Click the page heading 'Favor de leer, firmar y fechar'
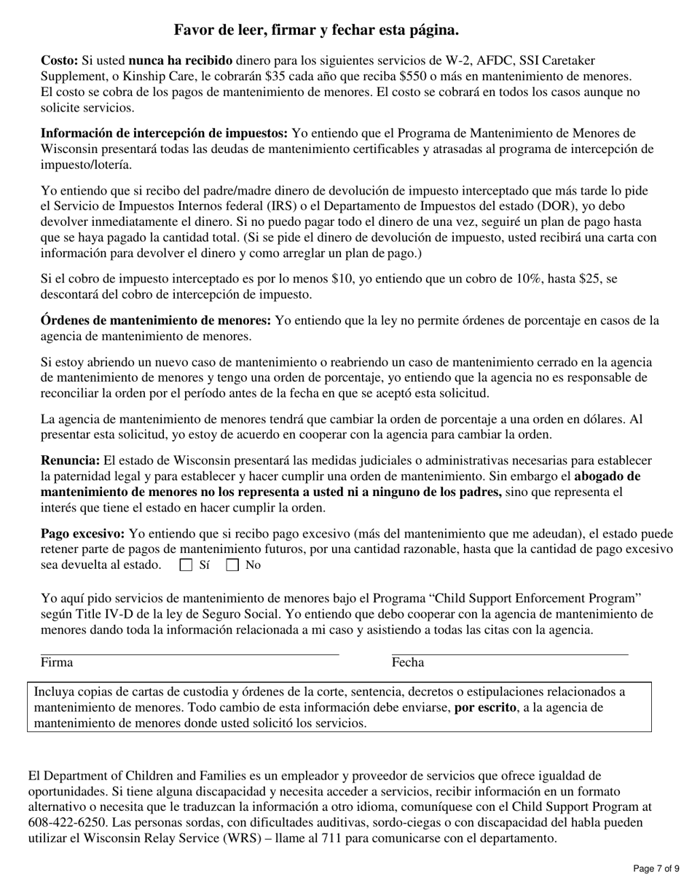click(316, 30)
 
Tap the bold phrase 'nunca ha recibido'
click(181, 60)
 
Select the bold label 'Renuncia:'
click(70, 460)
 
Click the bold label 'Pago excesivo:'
click(82, 533)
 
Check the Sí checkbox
click(186, 565)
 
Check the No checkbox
click(232, 565)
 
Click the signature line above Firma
click(189, 654)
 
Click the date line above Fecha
click(510, 654)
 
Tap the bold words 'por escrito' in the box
click(486, 707)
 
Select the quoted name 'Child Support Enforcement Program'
click(536, 598)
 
